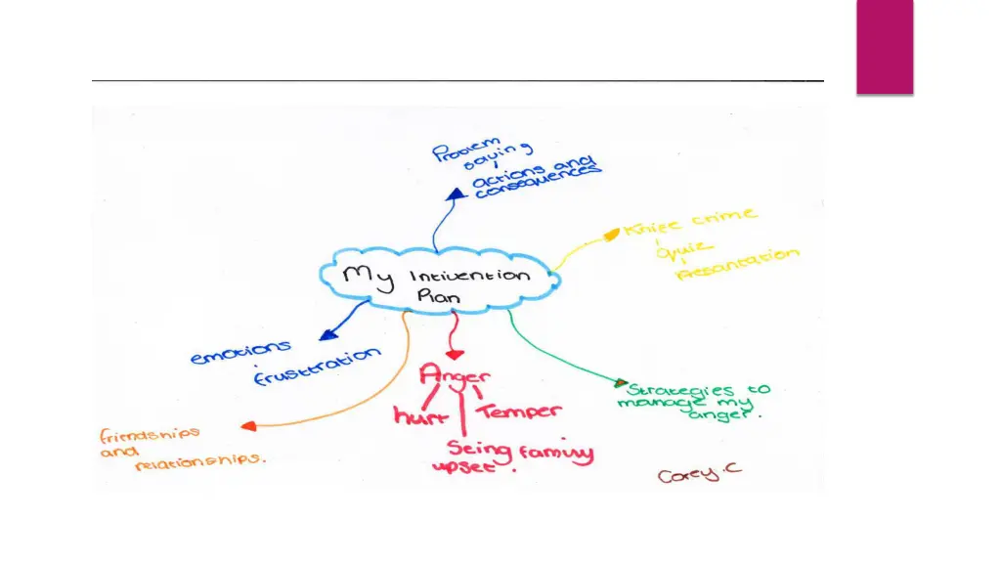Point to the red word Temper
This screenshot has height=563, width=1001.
[x=520, y=411]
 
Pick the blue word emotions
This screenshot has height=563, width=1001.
[x=240, y=353]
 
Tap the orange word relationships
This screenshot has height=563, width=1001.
[x=199, y=460]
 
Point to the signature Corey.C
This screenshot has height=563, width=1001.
[x=699, y=474]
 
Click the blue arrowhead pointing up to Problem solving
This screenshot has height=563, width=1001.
[x=455, y=194]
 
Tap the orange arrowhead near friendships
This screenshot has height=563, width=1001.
[x=248, y=426]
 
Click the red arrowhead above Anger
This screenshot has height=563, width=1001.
[x=453, y=352]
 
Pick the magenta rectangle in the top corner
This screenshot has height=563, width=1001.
[x=885, y=46]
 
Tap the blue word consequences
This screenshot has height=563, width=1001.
[x=537, y=181]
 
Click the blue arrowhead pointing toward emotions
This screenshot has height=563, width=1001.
[x=325, y=335]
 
